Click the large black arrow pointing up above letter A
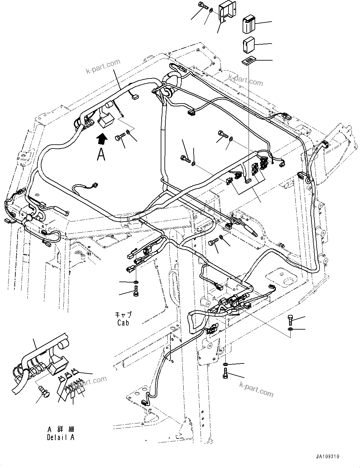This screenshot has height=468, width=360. (x=101, y=138)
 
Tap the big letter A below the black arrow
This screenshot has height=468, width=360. (x=101, y=154)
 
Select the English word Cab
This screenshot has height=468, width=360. (x=123, y=322)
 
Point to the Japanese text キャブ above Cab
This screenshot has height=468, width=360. (x=123, y=315)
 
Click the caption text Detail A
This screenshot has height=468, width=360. (x=61, y=437)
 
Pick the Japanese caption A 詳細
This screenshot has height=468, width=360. (x=61, y=429)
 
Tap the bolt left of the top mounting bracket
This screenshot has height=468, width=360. (x=202, y=5)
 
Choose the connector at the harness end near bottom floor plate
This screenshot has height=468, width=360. (x=145, y=402)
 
